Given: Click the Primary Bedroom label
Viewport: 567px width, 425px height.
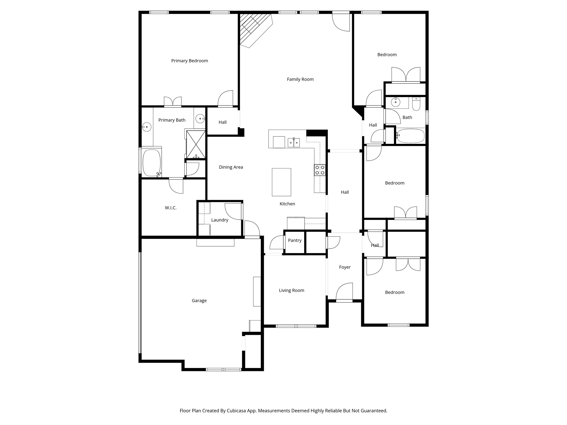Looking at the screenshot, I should [x=189, y=61].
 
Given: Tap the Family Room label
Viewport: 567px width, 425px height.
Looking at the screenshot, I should [x=300, y=79].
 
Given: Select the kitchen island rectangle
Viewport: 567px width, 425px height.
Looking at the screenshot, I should [x=281, y=182].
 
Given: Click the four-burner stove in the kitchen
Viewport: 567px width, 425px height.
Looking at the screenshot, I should [x=319, y=170].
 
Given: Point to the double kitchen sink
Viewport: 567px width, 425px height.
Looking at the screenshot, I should [x=293, y=143].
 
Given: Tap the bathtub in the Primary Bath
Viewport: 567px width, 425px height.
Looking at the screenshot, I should [x=151, y=163].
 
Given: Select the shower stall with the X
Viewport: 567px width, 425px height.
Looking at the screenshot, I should [x=196, y=144].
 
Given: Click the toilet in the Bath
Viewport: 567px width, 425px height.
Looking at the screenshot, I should [x=416, y=104].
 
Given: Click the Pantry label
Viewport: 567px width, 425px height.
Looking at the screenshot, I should [x=295, y=240].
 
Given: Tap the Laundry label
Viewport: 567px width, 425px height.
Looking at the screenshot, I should [x=220, y=220].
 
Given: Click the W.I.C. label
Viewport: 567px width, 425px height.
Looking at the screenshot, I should [x=171, y=208].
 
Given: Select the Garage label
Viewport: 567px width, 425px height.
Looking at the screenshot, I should [x=199, y=301].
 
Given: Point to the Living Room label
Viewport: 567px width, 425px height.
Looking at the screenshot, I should [x=291, y=291].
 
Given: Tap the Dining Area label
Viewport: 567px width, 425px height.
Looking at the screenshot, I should [x=231, y=167].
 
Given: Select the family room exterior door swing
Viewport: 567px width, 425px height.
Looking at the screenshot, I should [x=341, y=22].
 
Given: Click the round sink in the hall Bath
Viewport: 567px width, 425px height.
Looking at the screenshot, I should [x=396, y=102].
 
